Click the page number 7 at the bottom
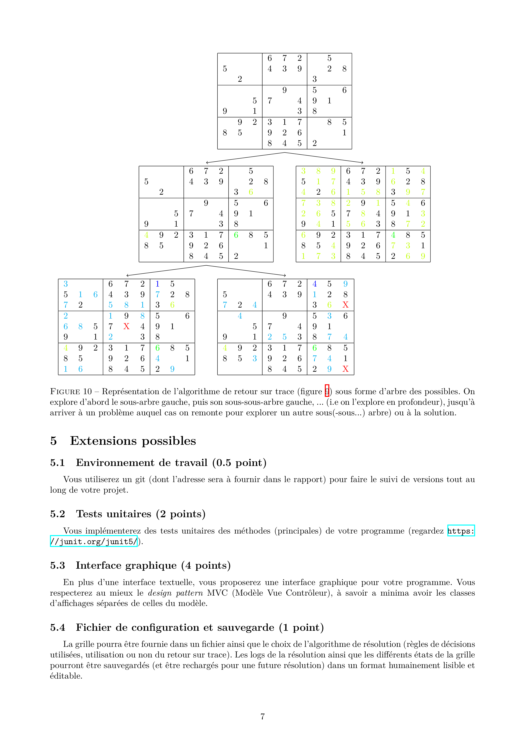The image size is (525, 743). click(x=262, y=717)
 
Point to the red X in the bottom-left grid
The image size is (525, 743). click(x=126, y=327)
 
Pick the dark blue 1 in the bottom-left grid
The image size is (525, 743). click(x=157, y=284)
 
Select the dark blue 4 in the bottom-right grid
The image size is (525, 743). click(x=314, y=284)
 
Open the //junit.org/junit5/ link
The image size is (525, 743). click(x=94, y=541)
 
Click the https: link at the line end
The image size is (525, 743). click(x=461, y=531)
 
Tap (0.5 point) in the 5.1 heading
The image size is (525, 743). click(x=239, y=463)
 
